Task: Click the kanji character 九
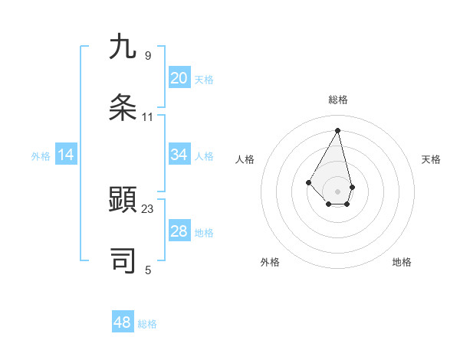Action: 123,47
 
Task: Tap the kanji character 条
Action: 123,107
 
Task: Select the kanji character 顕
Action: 123,201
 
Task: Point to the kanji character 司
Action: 123,260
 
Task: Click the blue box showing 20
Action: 179,77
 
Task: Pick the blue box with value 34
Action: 179,155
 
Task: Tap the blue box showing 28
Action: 179,231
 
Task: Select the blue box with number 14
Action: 67,155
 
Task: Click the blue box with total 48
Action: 123,322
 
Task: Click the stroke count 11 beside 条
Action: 148,117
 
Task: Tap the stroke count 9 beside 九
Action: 148,56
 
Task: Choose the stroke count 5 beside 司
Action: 148,270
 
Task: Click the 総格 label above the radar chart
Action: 338,100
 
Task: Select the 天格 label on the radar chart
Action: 432,159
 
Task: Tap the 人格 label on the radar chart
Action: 245,159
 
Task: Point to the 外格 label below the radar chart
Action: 270,262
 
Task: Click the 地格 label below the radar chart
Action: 402,262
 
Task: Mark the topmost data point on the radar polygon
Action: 338,129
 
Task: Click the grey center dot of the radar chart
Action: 338,191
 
